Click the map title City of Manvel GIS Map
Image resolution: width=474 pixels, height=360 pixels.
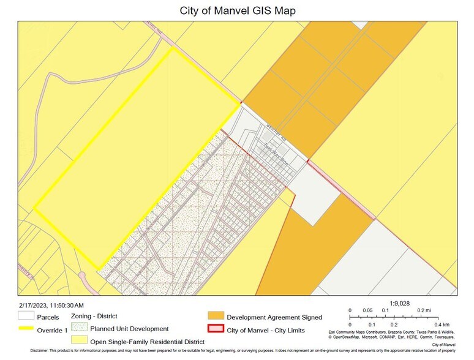coord(236,10)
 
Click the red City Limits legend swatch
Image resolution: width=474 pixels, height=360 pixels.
coord(216,329)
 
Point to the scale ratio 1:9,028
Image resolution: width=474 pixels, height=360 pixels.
coord(400,302)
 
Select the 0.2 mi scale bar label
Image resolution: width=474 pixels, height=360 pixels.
coord(424,310)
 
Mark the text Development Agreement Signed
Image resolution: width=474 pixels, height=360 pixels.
coord(274,317)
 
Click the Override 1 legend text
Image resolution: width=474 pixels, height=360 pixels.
coord(52,330)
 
